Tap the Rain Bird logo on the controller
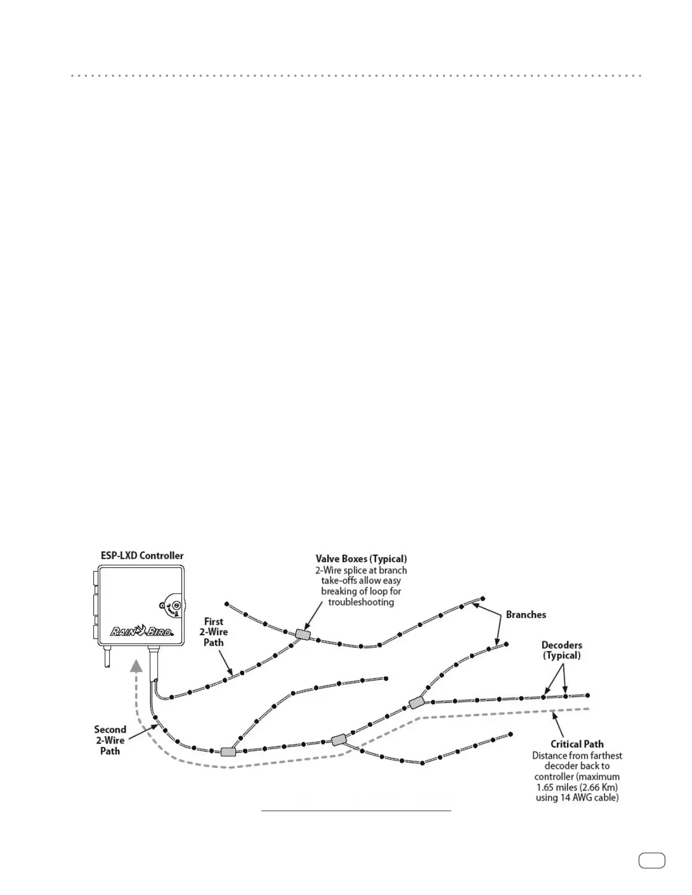click(141, 631)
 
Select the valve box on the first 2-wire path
click(303, 634)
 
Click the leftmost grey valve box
click(228, 751)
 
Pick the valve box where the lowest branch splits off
click(338, 740)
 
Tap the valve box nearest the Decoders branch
click(416, 702)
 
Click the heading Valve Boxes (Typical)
click(361, 559)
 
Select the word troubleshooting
click(361, 602)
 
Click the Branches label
click(526, 614)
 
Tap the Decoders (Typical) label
click(561, 650)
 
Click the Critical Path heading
click(577, 744)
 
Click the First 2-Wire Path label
click(214, 632)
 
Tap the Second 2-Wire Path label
click(110, 740)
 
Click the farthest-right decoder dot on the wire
click(588, 695)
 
